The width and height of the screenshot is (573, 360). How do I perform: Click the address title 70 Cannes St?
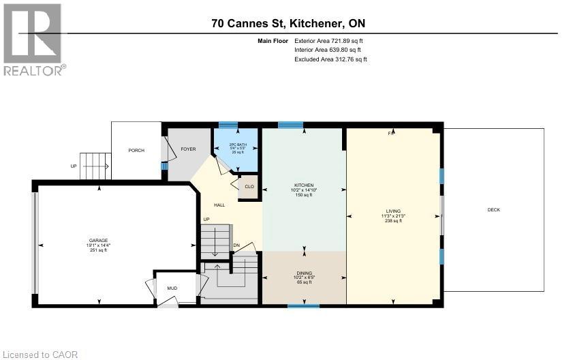[289, 24]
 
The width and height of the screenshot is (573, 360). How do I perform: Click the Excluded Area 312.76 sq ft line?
[330, 59]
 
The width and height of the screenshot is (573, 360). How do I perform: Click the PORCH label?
[136, 150]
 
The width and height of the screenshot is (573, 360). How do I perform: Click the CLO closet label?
[249, 186]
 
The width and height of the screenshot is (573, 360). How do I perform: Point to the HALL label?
[219, 205]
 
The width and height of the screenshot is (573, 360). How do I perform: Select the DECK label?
[493, 209]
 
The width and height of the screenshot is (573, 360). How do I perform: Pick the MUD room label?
[172, 288]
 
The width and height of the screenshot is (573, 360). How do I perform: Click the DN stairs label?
[236, 245]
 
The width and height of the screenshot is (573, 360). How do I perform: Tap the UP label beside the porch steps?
[74, 166]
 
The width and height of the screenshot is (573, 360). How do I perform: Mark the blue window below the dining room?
[303, 306]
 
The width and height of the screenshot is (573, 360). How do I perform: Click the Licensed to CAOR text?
[40, 354]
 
